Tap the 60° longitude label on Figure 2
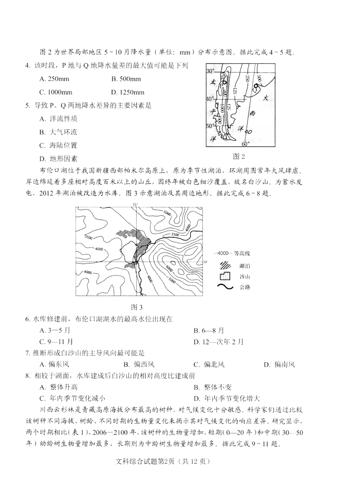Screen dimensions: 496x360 coord(245,144)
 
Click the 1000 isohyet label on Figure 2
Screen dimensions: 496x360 coord(222,110)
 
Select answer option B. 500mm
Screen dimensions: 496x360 coord(126,79)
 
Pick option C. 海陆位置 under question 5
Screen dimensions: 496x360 coord(58,145)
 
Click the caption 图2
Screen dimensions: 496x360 coord(239,156)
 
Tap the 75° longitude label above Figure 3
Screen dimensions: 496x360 coord(135,205)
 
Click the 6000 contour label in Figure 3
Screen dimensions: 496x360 coord(169,267)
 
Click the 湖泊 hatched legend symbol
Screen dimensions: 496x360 coord(225,265)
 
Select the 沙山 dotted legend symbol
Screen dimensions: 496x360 coord(225,276)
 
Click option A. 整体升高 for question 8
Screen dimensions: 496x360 coord(59,387)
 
